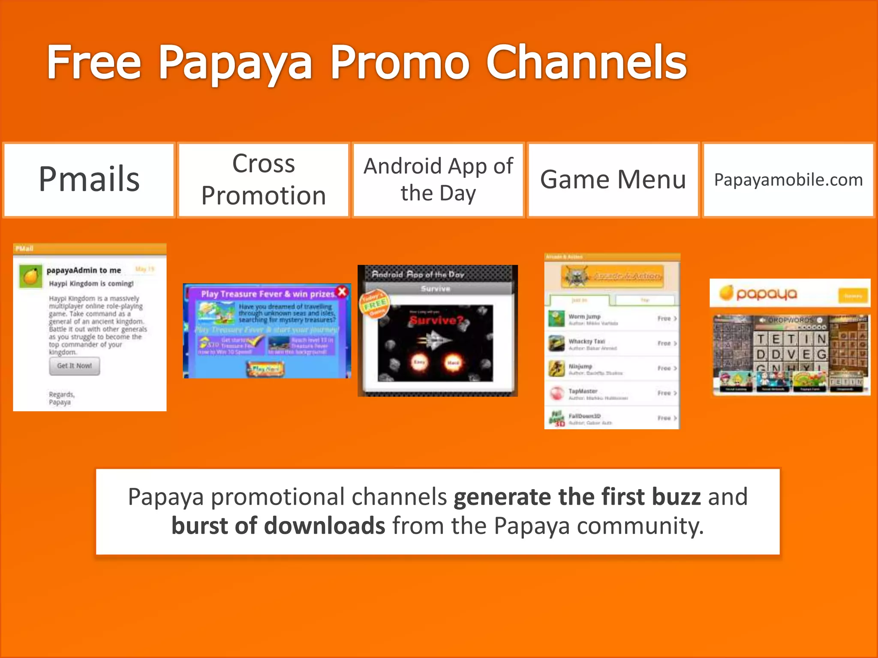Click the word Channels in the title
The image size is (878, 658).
pos(586,63)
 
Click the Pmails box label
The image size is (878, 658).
pos(89,179)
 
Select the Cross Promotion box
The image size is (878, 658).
pos(263,179)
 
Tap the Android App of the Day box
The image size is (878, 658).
pos(438,179)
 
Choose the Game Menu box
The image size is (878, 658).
pos(613,179)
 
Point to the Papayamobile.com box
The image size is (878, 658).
pos(788,179)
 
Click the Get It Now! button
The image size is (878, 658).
pos(75,366)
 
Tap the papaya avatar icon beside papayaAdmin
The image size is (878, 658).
pos(30,276)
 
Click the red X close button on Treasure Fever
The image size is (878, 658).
pos(342,292)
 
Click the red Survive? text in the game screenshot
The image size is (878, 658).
pos(436,320)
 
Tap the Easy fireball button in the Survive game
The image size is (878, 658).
pos(419,362)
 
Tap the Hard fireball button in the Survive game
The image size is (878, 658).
pos(453,362)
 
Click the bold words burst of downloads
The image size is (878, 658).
pos(278,526)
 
